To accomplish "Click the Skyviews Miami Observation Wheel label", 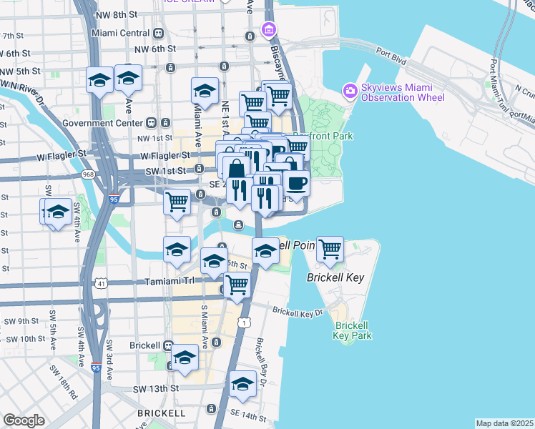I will [403, 92].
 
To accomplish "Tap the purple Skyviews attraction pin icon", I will [350, 91].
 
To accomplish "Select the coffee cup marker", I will [296, 184].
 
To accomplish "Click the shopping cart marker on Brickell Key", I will [330, 250].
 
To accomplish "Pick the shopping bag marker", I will [235, 169].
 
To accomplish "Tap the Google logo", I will [24, 420].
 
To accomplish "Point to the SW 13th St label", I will [155, 388].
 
